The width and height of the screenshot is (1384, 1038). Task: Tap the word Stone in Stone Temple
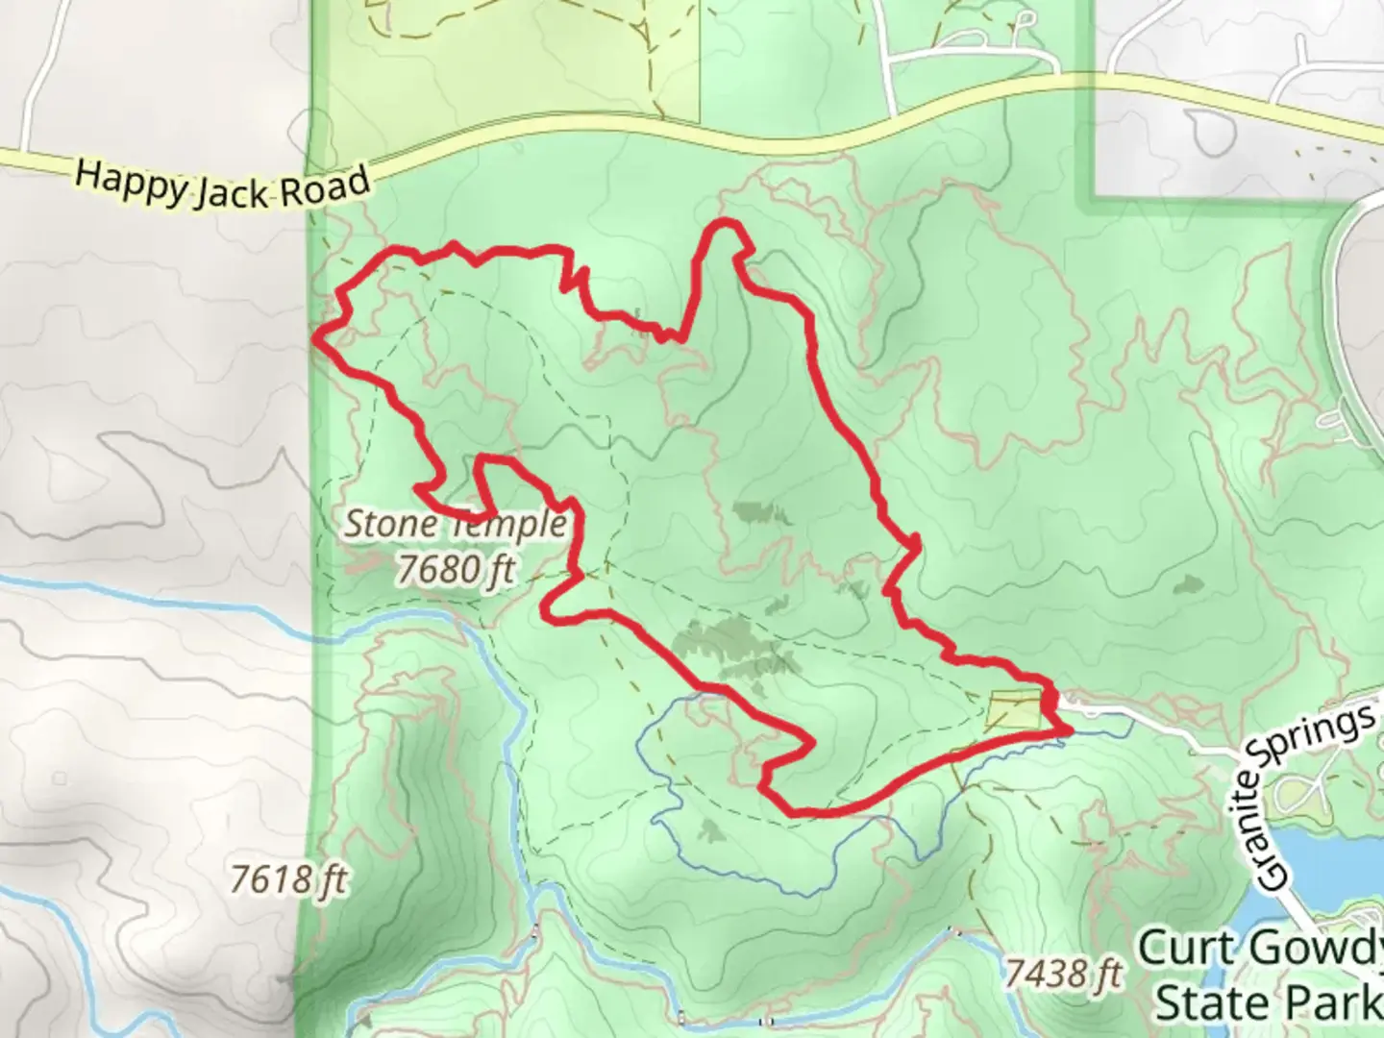(x=383, y=525)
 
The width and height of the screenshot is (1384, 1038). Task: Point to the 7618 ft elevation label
(x=288, y=879)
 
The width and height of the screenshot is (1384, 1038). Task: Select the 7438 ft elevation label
(x=1064, y=975)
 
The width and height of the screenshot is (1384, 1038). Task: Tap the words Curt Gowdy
(x=1260, y=950)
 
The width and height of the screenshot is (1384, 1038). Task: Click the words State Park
(x=1268, y=1003)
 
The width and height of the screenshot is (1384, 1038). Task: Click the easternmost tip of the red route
(x=1069, y=731)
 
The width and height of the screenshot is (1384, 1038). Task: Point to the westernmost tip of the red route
(x=316, y=335)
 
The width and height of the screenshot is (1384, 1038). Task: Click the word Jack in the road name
(x=235, y=190)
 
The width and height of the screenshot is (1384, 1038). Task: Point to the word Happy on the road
(x=131, y=180)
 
